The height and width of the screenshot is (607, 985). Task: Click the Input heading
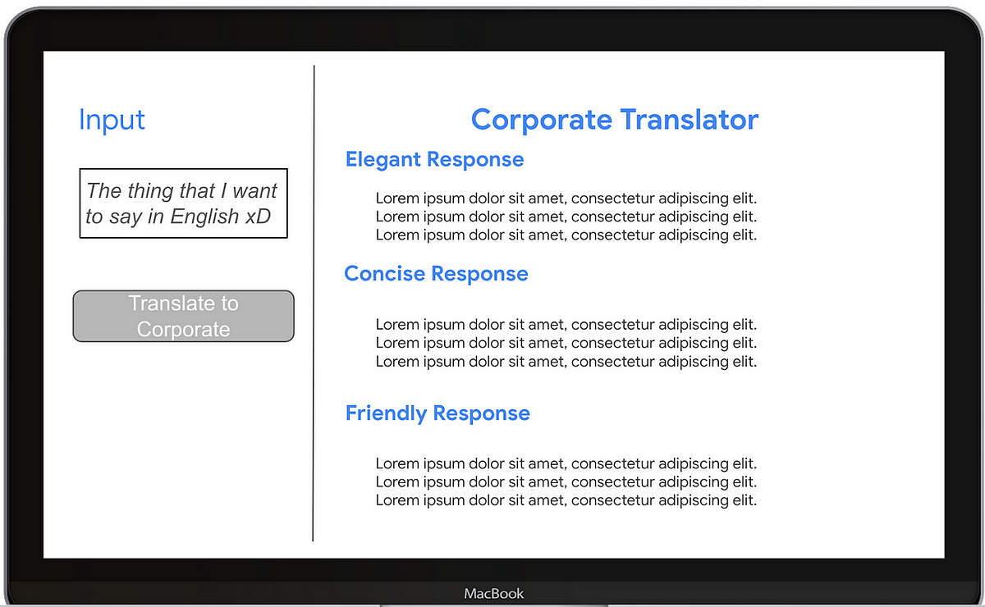point(112,120)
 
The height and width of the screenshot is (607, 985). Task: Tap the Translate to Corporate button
point(183,316)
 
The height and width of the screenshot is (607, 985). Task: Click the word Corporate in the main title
point(542,120)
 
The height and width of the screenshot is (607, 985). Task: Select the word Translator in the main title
point(689,120)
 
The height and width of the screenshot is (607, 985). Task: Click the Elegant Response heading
point(434,159)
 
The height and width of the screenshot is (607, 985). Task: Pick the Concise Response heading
point(436,273)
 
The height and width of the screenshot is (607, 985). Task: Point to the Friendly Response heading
point(438,413)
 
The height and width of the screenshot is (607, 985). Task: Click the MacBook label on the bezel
point(493,593)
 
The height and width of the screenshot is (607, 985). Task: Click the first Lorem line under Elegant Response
point(566,198)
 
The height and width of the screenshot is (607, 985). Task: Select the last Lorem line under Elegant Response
point(566,235)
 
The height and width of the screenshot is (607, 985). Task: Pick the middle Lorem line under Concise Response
point(566,343)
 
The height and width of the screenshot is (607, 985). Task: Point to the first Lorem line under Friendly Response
point(566,463)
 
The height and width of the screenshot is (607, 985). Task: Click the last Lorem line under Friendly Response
point(566,500)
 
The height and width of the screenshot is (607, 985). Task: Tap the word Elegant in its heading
point(383,159)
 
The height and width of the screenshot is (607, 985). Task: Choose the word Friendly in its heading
point(387,413)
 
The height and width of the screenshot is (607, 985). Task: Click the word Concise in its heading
point(384,273)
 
